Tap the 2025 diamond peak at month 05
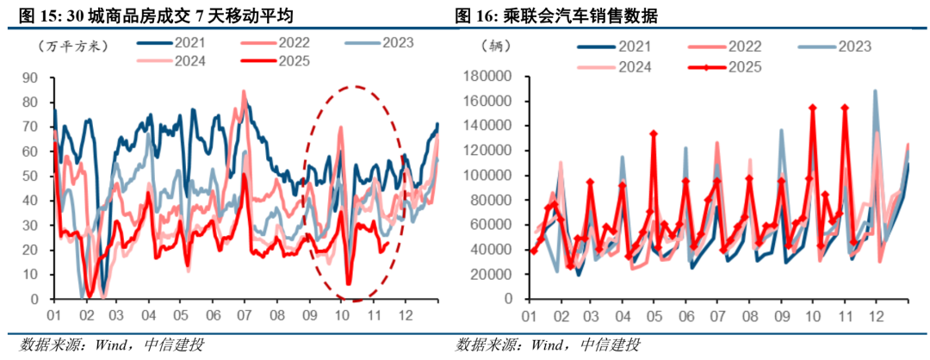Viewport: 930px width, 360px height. pyautogui.click(x=654, y=133)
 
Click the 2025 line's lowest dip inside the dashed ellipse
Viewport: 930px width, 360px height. pyautogui.click(x=349, y=282)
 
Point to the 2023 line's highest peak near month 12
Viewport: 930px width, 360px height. pyautogui.click(x=876, y=90)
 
